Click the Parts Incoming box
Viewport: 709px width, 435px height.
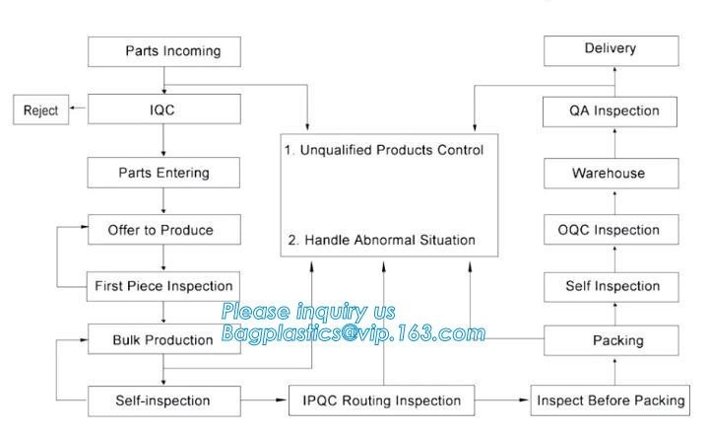tap(164, 51)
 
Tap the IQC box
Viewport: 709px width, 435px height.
tap(164, 110)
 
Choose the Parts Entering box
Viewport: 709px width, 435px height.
tap(164, 173)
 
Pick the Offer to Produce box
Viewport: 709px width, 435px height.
tap(164, 230)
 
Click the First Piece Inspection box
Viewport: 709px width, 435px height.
tap(164, 286)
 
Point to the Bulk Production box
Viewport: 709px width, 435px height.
tap(164, 340)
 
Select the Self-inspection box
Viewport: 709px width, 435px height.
tap(164, 400)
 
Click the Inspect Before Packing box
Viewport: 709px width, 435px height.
tap(611, 400)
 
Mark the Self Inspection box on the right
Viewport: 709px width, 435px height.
tap(612, 286)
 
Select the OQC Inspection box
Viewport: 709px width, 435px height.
tap(612, 230)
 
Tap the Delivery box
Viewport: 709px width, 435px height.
tap(611, 49)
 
